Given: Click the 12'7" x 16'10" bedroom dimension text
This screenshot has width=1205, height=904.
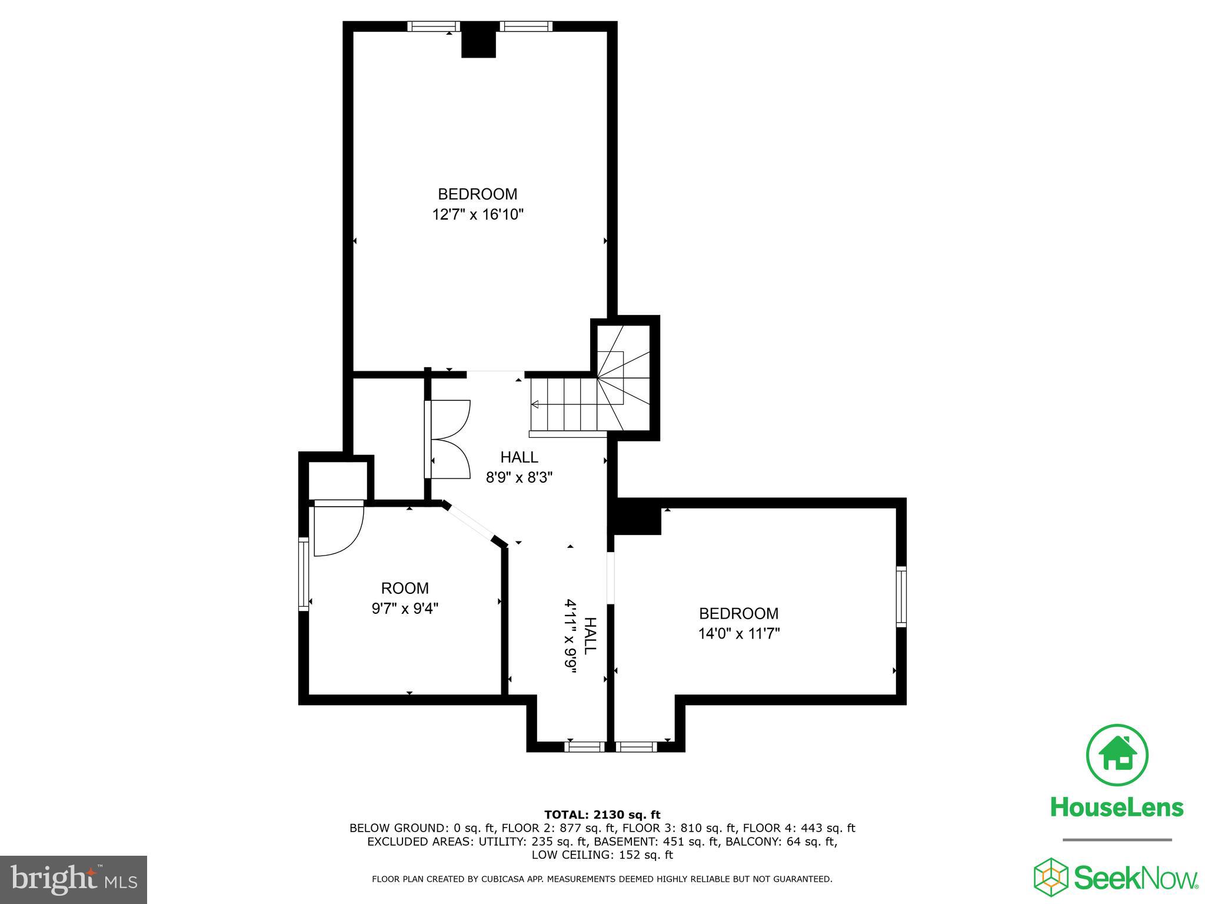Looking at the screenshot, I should point(478,215).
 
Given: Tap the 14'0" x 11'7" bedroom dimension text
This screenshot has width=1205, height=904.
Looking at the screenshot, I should point(738,634).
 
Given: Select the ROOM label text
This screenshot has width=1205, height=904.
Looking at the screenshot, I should point(405,588).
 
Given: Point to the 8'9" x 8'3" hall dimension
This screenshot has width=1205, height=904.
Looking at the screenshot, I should point(519,477).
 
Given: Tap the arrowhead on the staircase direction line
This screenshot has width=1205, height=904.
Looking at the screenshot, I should point(535,404).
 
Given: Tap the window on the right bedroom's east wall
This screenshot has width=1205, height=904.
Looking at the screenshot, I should point(901,596).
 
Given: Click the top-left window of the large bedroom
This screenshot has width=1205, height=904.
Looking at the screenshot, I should point(434,26).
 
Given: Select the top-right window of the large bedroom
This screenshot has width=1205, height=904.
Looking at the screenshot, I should point(526,26).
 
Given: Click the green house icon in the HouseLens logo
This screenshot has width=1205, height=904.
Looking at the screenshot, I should point(1117,755).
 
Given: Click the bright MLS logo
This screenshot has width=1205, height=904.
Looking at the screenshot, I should point(74,879).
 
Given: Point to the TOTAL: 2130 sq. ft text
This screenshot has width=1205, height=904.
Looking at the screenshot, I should point(602,815).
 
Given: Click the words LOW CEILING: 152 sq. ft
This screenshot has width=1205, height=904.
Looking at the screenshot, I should point(602,855).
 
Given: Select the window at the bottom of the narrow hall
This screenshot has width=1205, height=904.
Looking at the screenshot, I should point(584,746).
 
